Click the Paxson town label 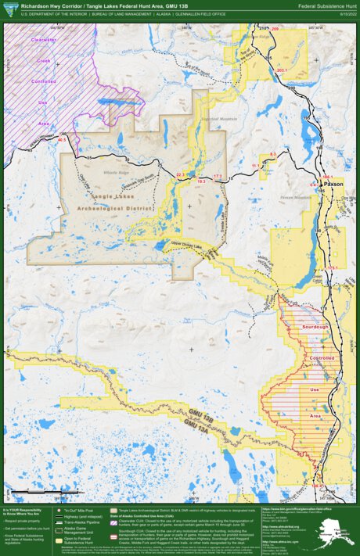[x=333, y=184]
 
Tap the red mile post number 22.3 [x=182, y=174]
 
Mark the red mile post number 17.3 [x=218, y=176]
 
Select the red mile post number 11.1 [x=255, y=166]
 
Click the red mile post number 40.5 [x=62, y=140]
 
